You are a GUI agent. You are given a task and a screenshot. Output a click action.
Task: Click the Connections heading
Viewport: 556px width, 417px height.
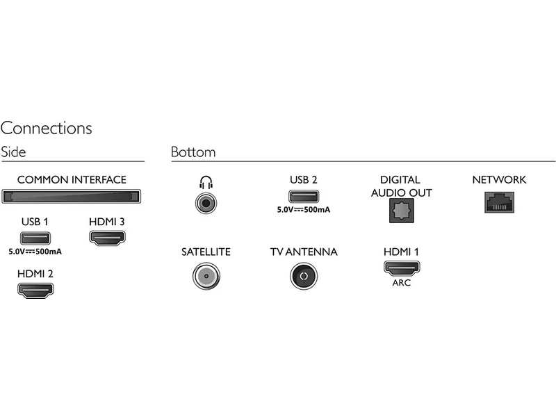click(46, 129)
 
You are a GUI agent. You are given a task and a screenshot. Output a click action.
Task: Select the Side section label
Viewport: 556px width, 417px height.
click(13, 152)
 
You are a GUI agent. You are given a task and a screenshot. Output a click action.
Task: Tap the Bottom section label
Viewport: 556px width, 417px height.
click(193, 152)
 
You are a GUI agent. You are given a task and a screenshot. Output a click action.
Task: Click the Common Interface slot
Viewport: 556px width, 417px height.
click(72, 197)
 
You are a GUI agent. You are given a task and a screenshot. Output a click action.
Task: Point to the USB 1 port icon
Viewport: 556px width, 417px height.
click(35, 237)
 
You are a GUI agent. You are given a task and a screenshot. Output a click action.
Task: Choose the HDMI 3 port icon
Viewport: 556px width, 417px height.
click(107, 237)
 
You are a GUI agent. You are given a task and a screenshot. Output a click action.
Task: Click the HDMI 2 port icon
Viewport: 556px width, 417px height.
click(35, 290)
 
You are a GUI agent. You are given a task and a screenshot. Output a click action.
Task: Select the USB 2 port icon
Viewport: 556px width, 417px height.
click(304, 197)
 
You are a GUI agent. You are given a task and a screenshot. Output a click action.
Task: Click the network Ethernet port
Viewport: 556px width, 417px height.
click(498, 202)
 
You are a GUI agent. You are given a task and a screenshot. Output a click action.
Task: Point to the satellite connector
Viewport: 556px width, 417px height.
click(206, 276)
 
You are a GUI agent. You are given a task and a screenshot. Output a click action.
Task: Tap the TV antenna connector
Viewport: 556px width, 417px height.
click(304, 276)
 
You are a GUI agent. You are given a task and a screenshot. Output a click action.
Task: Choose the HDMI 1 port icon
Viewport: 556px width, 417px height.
click(401, 268)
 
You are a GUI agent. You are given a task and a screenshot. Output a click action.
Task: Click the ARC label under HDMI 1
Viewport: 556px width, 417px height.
click(401, 283)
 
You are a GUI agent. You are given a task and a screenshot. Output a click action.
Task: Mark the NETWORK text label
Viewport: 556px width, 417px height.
click(499, 180)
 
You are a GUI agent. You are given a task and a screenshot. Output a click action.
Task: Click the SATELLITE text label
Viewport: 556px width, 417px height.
click(206, 252)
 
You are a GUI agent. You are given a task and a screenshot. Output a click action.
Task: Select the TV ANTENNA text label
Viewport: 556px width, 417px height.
click(304, 252)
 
